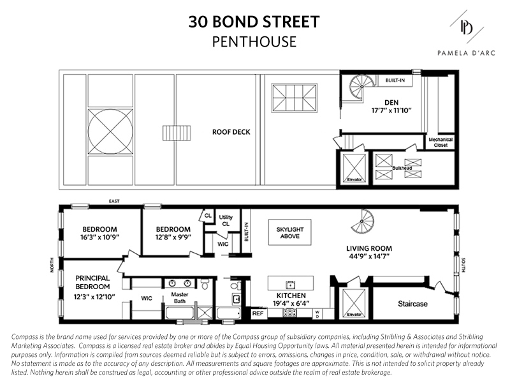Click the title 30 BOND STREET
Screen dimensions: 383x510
[254, 22]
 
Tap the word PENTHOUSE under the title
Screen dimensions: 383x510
[254, 42]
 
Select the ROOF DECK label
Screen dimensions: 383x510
[231, 133]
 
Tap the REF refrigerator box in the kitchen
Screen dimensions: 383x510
[258, 313]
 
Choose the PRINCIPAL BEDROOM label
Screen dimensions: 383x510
[92, 282]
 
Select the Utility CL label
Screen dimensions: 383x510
[226, 221]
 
